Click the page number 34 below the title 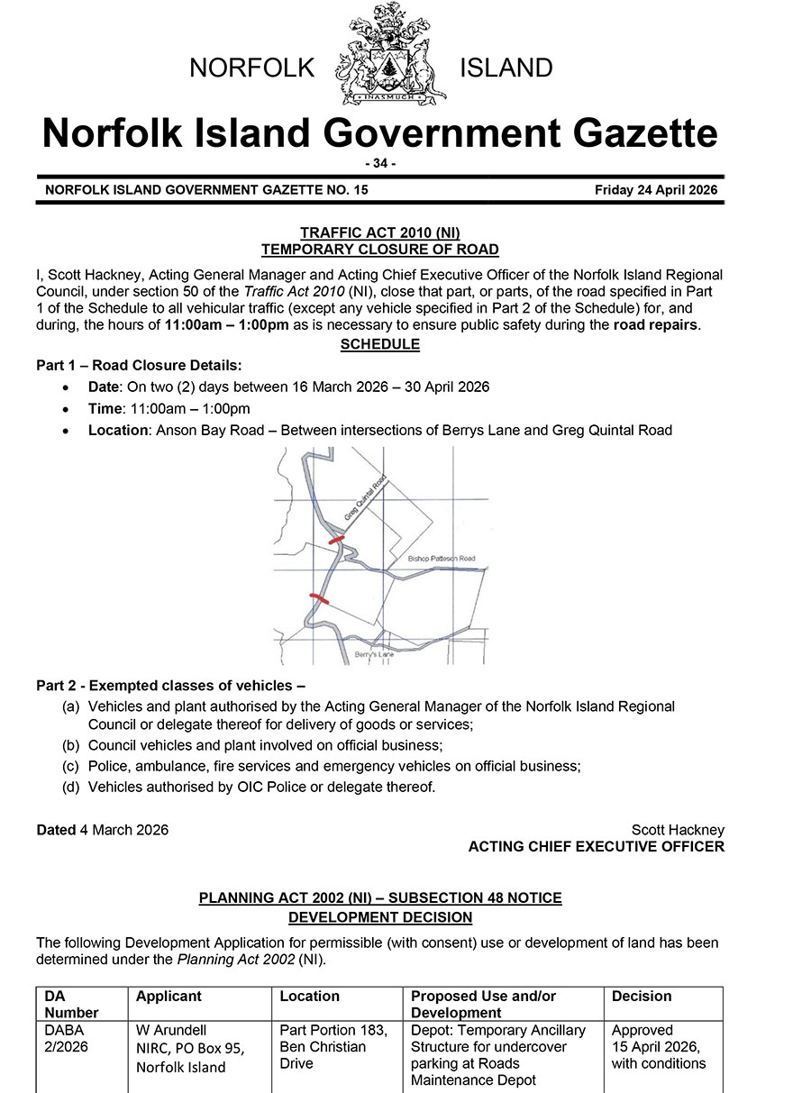[379, 163]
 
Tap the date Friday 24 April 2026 [655, 190]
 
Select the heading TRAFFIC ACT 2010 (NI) [379, 233]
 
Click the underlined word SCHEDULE [379, 344]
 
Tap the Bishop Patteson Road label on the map [442, 559]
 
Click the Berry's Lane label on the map [374, 654]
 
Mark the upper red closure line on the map [336, 539]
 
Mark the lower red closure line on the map [319, 598]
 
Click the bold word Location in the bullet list [118, 430]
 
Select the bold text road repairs [655, 324]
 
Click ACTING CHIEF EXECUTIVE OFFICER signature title [596, 846]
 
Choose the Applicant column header [169, 996]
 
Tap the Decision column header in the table [642, 996]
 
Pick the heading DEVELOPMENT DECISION [379, 917]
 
